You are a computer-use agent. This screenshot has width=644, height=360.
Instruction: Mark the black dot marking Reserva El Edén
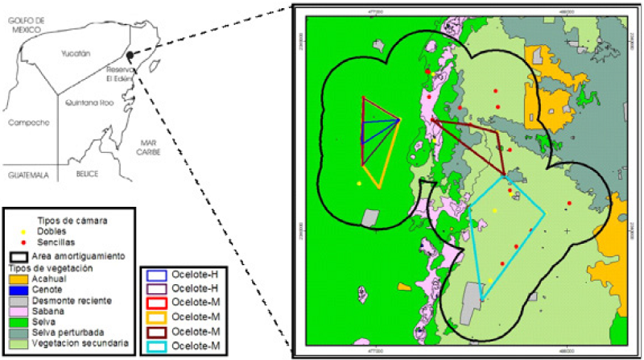pos(129,56)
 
